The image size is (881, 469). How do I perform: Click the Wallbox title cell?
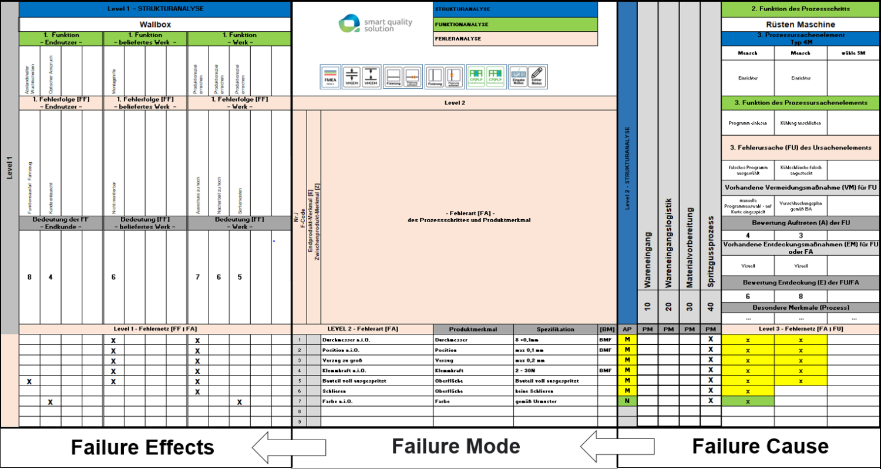pyautogui.click(x=155, y=25)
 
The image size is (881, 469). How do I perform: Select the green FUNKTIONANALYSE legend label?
pyautogui.click(x=515, y=24)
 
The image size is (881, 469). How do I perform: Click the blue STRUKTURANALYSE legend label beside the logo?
pyautogui.click(x=515, y=9)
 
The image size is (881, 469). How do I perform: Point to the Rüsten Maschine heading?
pyautogui.click(x=801, y=25)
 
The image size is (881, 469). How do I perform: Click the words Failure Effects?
pyautogui.click(x=143, y=447)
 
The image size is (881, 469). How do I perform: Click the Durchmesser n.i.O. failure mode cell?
pyautogui.click(x=376, y=340)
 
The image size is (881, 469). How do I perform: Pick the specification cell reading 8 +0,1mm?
pyautogui.click(x=554, y=340)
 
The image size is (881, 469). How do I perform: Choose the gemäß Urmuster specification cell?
pyautogui.click(x=554, y=401)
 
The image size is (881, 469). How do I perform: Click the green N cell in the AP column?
pyautogui.click(x=627, y=401)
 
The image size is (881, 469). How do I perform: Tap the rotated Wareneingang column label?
pyautogui.click(x=647, y=264)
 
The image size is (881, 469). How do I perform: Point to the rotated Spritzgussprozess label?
pyautogui.click(x=711, y=253)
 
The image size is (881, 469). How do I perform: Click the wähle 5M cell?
pyautogui.click(x=853, y=53)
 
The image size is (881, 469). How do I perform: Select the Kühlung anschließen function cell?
pyautogui.click(x=801, y=124)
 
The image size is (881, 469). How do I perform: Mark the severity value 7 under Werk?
pyautogui.click(x=198, y=277)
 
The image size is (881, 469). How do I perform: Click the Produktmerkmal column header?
pyautogui.click(x=473, y=329)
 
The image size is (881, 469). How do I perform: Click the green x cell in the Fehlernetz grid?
pyautogui.click(x=748, y=401)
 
